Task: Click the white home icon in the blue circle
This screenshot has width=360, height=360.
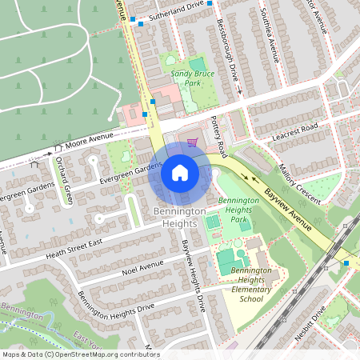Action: coord(180,172)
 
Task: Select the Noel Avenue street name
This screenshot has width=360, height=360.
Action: coord(142,266)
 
